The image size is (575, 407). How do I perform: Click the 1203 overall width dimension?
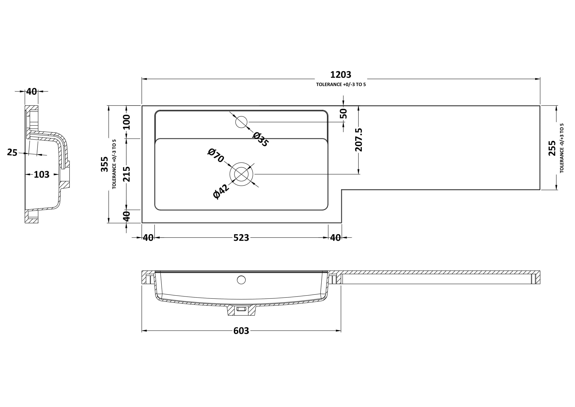341,75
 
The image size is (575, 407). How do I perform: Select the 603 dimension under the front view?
241,331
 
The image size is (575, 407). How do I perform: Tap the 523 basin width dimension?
241,238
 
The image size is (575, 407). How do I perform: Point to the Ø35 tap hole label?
260,140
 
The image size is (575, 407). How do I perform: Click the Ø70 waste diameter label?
216,156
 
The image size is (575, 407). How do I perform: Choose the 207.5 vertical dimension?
359,140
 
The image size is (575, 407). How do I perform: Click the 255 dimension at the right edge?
552,148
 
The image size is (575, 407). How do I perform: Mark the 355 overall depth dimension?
104,164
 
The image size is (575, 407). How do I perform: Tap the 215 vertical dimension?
127,174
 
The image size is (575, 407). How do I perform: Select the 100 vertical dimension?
127,122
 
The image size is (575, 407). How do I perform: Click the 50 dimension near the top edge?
343,114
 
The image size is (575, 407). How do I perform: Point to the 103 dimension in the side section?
42,175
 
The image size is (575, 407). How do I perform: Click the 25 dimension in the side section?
12,152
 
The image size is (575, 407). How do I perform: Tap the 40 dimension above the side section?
32,92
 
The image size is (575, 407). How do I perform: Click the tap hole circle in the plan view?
241,122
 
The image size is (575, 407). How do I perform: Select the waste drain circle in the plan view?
241,174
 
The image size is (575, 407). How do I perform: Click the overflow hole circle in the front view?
241,280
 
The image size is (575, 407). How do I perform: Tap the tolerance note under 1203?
341,85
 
